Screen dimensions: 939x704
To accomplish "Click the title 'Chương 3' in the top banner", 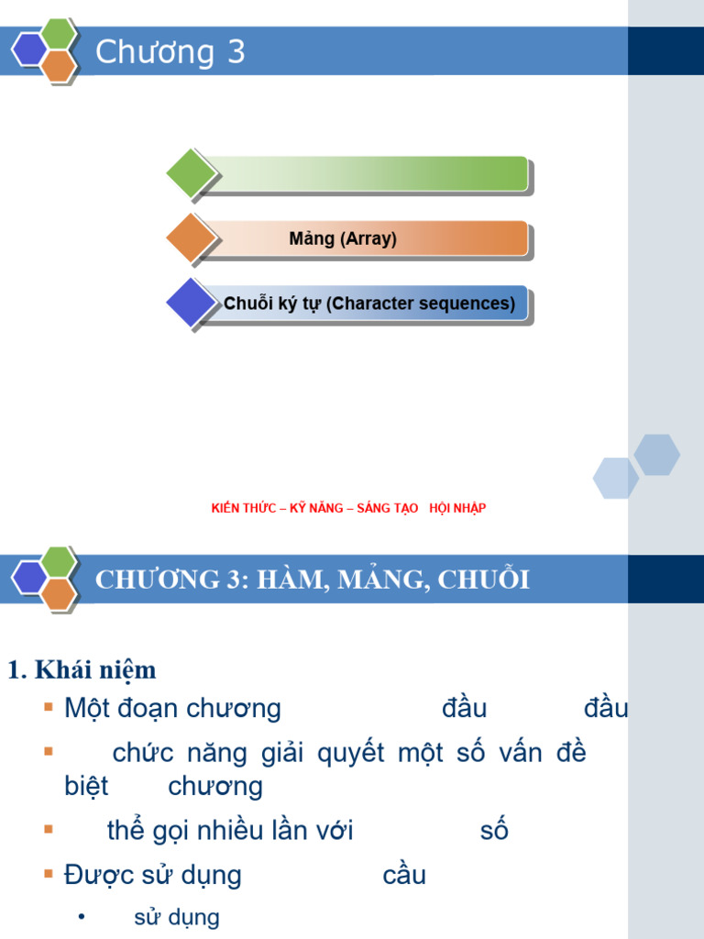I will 170,52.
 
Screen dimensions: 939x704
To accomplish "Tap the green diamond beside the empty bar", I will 191,173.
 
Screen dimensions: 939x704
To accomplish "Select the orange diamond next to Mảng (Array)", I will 191,238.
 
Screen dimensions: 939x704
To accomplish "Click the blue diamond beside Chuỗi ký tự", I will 191,303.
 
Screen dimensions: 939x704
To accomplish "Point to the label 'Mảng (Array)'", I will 343,239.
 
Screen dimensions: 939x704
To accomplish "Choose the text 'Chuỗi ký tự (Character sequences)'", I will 369,304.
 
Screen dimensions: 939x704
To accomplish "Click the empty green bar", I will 367,173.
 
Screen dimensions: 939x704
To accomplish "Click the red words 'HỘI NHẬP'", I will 456,508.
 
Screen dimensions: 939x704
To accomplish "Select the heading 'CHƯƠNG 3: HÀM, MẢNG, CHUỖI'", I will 313,580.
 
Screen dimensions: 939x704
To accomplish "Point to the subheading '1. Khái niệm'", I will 82,670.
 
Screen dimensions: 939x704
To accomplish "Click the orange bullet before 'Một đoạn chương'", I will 49,707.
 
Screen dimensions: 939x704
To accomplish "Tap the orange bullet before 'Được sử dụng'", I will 49,874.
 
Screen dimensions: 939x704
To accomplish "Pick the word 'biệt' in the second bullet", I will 86,787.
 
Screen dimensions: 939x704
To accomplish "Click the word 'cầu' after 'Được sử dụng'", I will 404,876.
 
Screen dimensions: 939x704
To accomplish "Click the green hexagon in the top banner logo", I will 59,33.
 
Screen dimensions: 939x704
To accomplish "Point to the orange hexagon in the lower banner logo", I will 59,594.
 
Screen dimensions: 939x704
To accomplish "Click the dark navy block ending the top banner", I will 665,51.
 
